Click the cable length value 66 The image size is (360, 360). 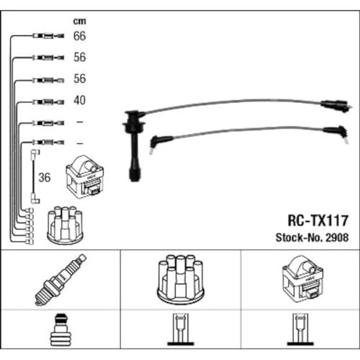pos(79,36)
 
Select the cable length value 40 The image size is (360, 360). pos(79,100)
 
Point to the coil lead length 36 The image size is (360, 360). pos(45,178)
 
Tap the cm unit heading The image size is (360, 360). pos(79,22)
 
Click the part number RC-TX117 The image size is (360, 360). pos(318,220)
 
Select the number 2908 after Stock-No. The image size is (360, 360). pos(337,238)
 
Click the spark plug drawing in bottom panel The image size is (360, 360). pos(60,279)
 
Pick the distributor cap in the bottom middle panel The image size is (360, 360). pos(181,280)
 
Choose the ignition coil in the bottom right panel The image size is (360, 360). pos(303,279)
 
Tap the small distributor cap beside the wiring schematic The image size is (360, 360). pos(65,225)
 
